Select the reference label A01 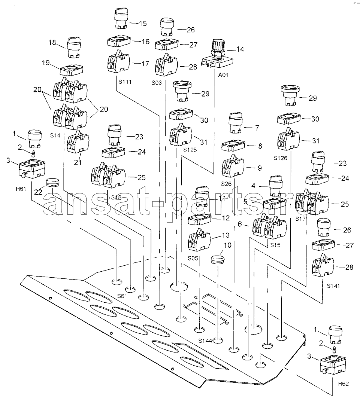[223, 75]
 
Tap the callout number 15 [143, 24]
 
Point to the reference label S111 [125, 82]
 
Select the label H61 [21, 189]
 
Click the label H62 [344, 384]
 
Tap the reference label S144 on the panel [205, 341]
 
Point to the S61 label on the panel [122, 296]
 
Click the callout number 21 [78, 162]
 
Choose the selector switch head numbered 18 [75, 48]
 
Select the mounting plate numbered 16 [119, 42]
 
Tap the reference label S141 [333, 286]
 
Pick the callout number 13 [226, 235]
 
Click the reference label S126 [281, 158]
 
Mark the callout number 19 [46, 62]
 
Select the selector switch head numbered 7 [236, 122]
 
